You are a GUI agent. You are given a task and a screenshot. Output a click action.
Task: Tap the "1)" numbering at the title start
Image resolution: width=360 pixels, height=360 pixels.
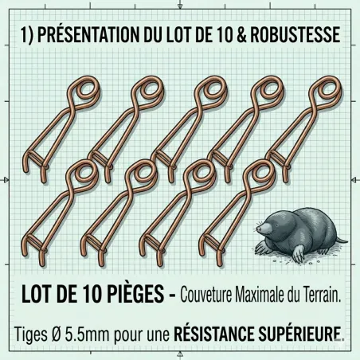[25, 35]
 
